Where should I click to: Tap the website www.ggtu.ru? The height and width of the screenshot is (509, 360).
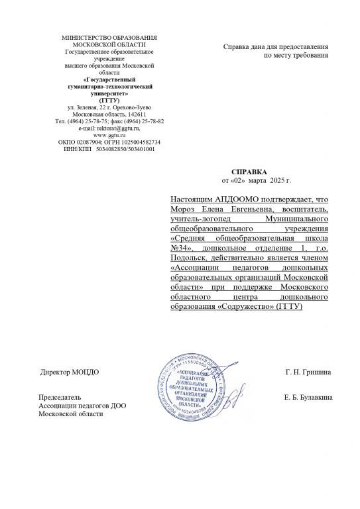click(109, 135)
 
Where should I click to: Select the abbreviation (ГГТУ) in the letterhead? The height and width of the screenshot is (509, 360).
click(109, 101)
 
